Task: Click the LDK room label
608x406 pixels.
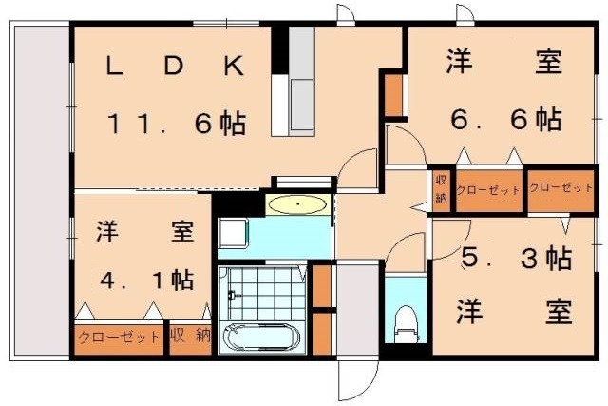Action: point(176,66)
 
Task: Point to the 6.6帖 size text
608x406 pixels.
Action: point(504,121)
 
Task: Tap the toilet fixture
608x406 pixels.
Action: point(406,321)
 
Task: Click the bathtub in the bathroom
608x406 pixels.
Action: point(259,338)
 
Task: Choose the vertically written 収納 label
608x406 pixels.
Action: point(441,189)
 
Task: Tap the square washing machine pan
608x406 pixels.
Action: point(234,234)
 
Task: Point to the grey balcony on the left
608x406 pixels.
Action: point(40,190)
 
